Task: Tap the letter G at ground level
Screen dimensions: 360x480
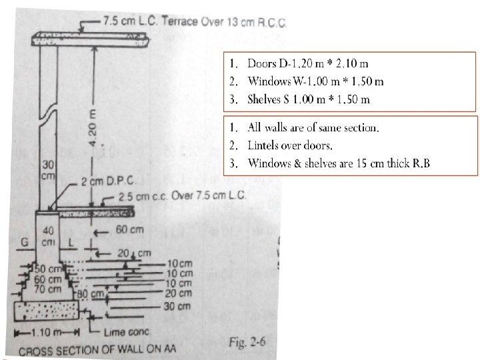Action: pos(24,242)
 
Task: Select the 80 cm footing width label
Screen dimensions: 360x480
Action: pos(93,293)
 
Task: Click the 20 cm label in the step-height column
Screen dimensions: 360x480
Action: pos(178,293)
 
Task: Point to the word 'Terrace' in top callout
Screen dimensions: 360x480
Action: pos(180,21)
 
